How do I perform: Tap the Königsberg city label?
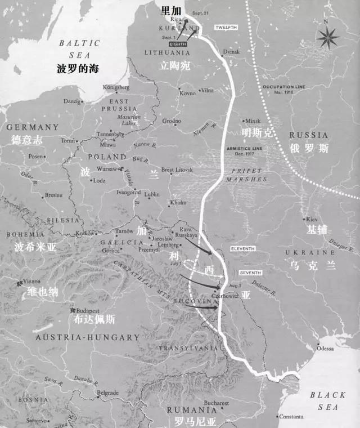point(116,87)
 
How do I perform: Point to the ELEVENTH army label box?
point(243,248)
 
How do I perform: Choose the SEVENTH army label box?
point(250,273)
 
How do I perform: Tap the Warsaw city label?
point(106,168)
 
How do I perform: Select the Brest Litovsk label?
point(177,169)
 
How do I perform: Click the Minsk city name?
point(253,121)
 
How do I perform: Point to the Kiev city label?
point(312,219)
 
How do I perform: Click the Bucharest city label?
point(217,403)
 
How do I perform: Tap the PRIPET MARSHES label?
point(246,175)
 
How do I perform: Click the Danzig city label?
point(71,101)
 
